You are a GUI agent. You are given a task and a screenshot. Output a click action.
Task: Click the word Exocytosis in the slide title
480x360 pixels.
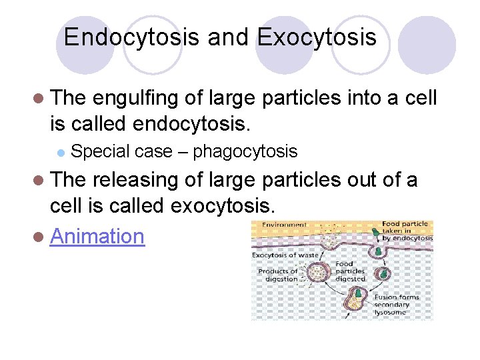coord(316,37)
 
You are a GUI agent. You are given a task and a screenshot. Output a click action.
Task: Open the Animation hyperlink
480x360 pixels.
coord(97,235)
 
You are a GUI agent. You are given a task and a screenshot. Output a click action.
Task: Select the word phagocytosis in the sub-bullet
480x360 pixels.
coord(245,151)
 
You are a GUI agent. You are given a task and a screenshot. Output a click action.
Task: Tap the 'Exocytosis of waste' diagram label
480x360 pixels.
coord(285,255)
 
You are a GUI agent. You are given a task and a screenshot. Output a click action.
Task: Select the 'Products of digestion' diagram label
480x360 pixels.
coord(278,275)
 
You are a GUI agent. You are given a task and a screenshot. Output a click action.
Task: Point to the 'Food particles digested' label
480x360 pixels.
coord(349,271)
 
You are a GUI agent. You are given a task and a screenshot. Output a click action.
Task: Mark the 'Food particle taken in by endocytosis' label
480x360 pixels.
coord(407,231)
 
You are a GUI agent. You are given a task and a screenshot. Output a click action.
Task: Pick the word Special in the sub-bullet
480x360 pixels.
coord(100,151)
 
